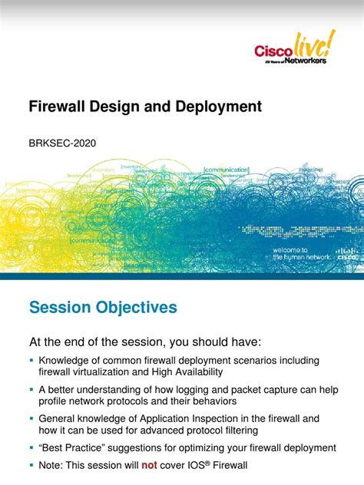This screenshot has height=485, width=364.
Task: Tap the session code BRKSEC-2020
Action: click(62, 143)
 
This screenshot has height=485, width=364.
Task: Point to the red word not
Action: click(151, 465)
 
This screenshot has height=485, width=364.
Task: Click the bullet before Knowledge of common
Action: click(31, 360)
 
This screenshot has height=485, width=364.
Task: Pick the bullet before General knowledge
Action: click(31, 419)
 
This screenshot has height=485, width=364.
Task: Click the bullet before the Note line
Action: click(31, 465)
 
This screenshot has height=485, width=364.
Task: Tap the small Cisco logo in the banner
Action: click(345, 254)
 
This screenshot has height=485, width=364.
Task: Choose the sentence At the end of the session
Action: click(144, 340)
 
